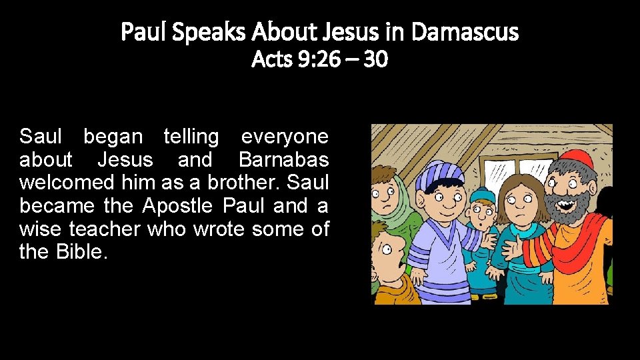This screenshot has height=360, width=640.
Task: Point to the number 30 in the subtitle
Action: (x=376, y=60)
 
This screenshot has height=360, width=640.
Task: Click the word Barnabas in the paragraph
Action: (x=283, y=160)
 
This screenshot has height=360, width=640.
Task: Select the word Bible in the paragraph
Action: (x=81, y=253)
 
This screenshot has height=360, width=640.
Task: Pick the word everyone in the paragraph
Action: (x=285, y=137)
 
